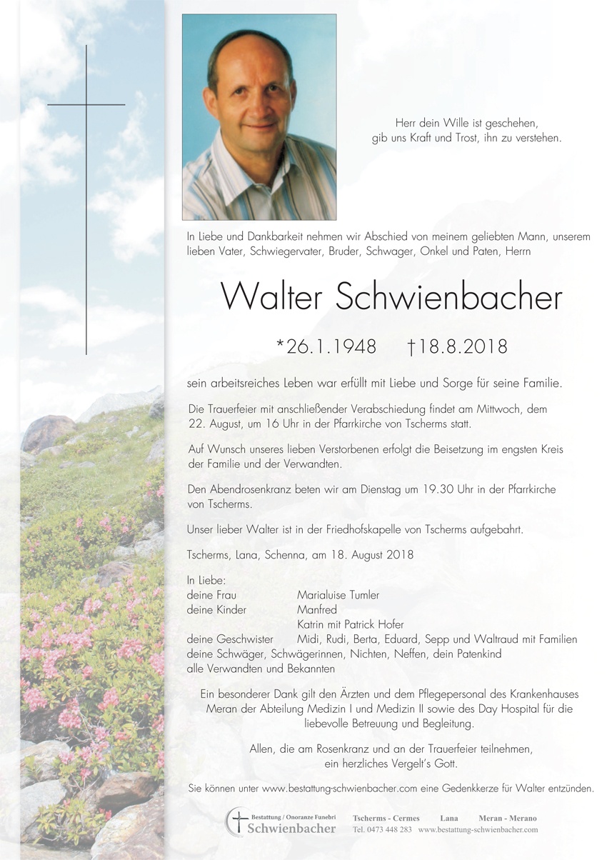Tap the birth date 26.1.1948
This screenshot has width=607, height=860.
click(x=326, y=347)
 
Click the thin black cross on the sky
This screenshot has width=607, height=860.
click(x=86, y=105)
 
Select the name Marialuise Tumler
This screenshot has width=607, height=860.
click(x=338, y=595)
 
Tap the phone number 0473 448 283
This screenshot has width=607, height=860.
click(x=382, y=830)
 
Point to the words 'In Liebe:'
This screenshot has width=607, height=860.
click(x=206, y=580)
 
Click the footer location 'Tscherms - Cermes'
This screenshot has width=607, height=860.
click(x=386, y=818)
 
